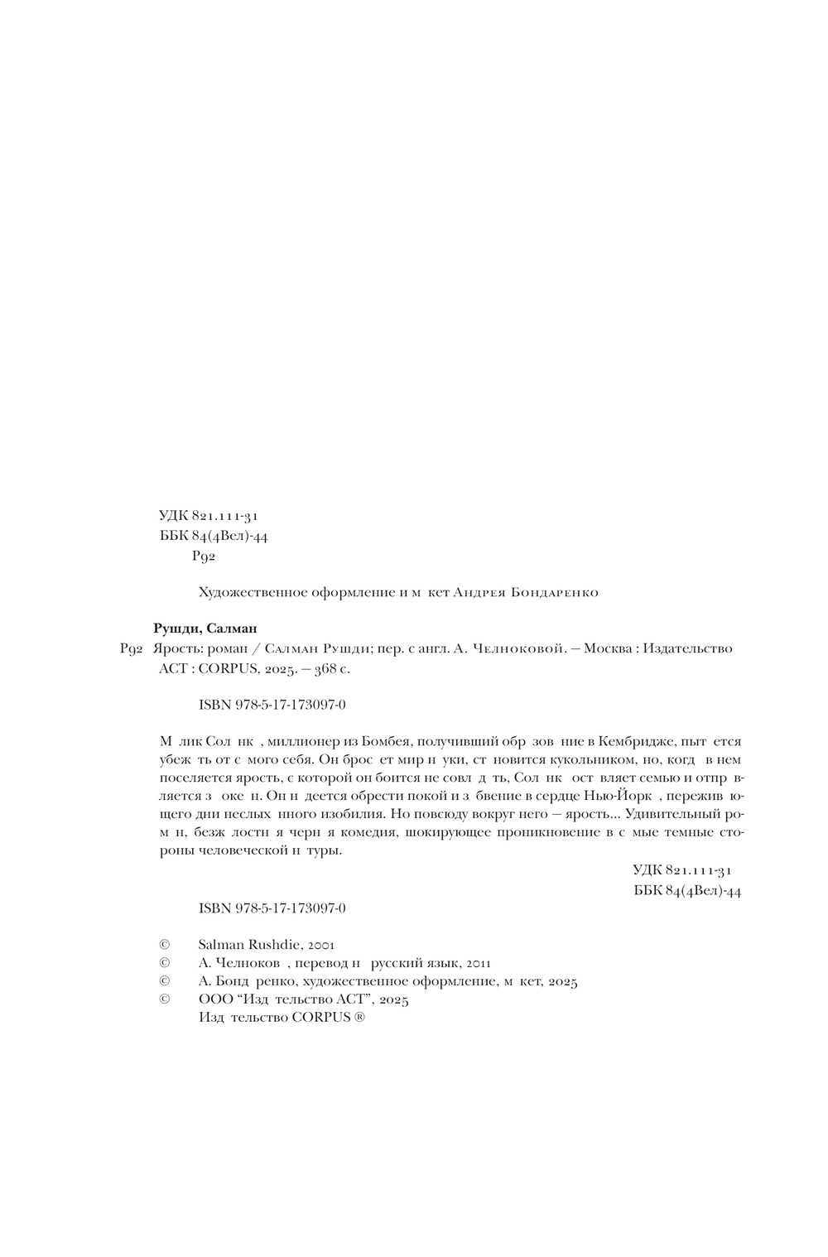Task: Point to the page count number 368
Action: (x=314, y=669)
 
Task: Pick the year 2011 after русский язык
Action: (x=479, y=963)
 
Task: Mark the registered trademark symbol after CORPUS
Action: (x=359, y=1019)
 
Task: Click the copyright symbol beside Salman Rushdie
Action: (x=164, y=944)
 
